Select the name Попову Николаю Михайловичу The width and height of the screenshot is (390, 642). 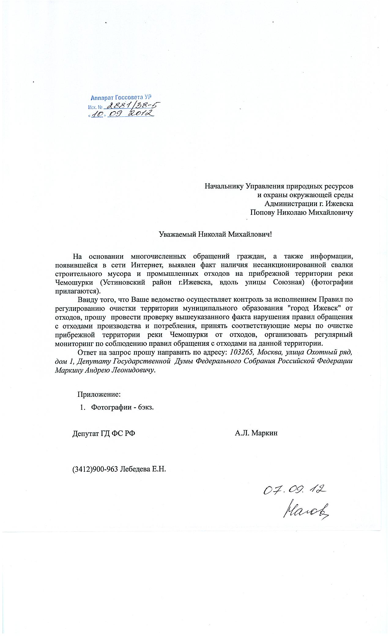(301, 212)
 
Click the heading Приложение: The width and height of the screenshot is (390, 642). (99, 394)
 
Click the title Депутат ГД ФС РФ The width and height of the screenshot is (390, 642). (104, 433)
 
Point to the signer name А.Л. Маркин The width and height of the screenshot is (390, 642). (256, 433)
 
